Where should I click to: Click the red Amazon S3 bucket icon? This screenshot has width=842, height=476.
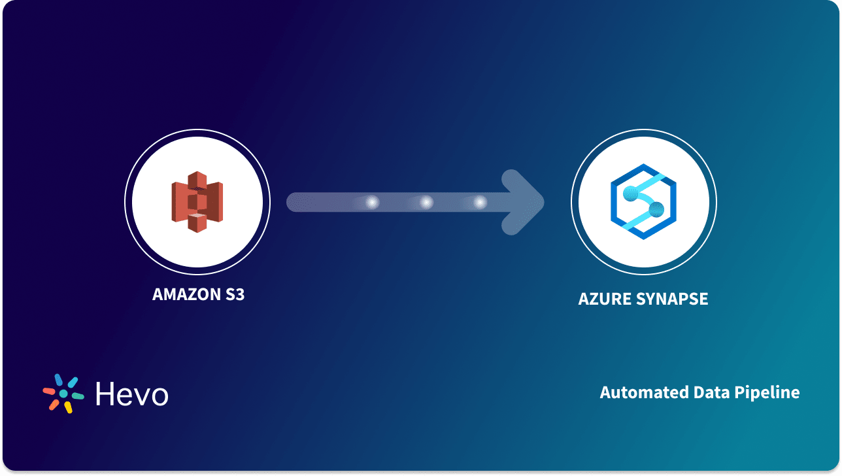click(197, 201)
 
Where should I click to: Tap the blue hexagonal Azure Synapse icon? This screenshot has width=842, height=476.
click(643, 202)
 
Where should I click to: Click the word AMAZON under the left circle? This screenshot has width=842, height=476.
click(184, 294)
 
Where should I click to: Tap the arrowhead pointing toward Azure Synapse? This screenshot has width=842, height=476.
click(523, 202)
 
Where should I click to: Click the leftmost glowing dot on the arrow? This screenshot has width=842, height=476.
click(372, 203)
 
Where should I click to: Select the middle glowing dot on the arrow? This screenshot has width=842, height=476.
click(426, 203)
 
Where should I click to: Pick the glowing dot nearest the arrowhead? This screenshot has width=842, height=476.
click(480, 203)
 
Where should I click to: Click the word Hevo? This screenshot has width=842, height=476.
click(131, 394)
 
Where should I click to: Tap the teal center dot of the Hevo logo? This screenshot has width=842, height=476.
click(63, 394)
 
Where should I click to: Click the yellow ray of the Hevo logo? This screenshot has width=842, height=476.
click(68, 407)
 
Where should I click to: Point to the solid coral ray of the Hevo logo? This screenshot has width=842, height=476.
click(49, 391)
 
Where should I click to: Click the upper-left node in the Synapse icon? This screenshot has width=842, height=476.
click(630, 192)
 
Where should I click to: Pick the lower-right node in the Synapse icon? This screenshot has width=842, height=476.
click(656, 209)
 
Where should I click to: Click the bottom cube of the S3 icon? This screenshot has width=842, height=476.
click(197, 222)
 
